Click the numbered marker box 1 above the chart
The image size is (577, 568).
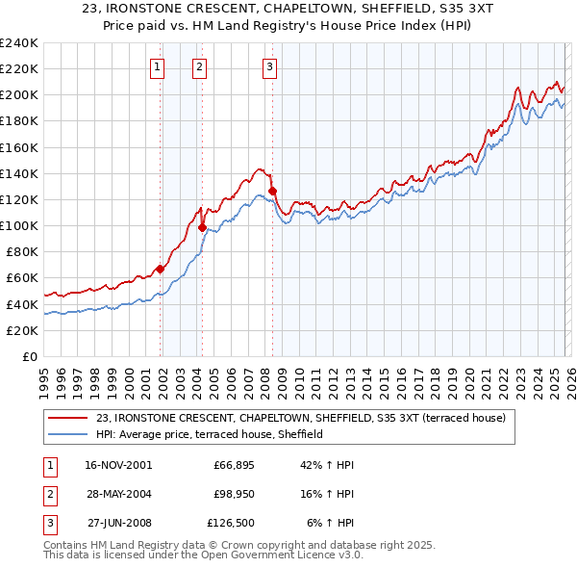tap(157, 66)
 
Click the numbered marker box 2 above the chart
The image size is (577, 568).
tap(199, 66)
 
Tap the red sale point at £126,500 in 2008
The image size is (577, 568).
tap(273, 192)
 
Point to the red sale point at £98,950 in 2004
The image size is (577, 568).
tap(203, 228)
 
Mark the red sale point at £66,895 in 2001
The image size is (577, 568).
tap(160, 270)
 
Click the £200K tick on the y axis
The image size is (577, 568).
tap(19, 94)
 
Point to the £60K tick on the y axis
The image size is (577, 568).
tap(22, 278)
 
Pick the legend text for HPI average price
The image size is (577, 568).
tap(209, 434)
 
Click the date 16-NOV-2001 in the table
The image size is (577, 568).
tap(119, 465)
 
